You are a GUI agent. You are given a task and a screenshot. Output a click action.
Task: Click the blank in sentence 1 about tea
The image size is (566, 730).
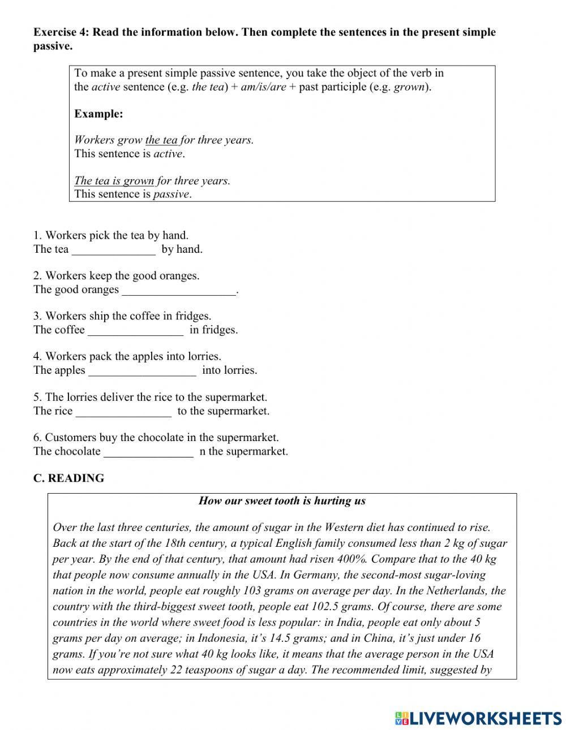pos(113,249)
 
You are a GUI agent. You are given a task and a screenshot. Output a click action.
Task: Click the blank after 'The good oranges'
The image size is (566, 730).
pos(178,290)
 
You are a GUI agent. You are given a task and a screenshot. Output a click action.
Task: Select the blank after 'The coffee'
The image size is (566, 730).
pos(136,330)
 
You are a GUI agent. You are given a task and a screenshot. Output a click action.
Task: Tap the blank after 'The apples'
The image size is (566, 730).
pos(143,371)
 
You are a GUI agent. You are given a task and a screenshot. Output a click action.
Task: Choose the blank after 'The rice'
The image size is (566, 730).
pos(123,411)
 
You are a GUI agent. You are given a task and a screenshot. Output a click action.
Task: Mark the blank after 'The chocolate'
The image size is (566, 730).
pos(149,452)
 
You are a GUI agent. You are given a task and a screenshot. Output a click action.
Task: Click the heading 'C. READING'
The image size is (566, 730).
pos(68,478)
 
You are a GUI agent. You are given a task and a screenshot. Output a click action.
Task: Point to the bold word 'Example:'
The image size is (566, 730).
pos(98,114)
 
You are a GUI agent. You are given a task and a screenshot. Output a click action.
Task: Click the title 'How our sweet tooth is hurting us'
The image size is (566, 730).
pos(282,501)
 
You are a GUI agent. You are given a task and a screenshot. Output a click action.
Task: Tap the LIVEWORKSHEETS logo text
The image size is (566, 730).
pos(485,718)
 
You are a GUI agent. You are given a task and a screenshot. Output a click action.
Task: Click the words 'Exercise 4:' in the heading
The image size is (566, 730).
pos(61,32)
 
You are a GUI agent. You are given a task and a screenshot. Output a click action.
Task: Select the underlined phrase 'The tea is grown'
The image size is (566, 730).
pos(114,181)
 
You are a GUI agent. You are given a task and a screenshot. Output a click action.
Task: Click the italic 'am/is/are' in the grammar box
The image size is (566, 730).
pos(263,88)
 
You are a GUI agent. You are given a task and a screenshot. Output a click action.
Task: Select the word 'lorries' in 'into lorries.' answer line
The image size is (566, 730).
pos(239,371)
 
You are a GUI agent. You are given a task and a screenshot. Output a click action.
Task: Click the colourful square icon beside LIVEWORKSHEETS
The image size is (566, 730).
pos(402,718)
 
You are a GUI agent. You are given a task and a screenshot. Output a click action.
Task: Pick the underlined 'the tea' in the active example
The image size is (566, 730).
pos(161,140)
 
